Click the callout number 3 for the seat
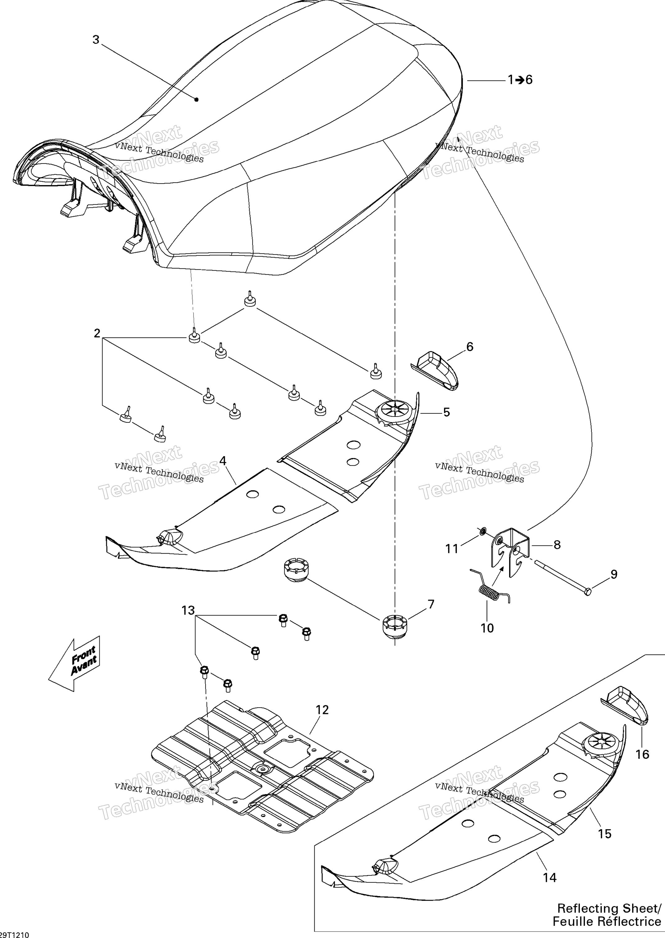[96, 40]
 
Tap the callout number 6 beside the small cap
[470, 347]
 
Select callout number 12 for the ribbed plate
[322, 710]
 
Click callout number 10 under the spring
[487, 628]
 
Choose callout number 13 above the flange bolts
[188, 611]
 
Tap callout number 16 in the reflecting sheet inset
[642, 754]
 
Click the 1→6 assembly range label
[520, 80]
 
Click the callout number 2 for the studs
[97, 333]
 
